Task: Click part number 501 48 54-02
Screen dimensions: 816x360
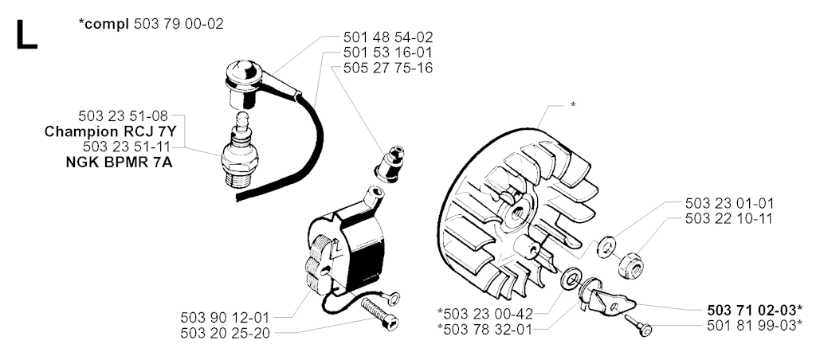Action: (388, 37)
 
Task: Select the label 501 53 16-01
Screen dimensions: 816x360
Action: (388, 53)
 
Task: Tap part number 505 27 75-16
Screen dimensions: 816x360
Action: (388, 68)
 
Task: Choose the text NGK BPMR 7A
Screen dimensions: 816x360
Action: (120, 162)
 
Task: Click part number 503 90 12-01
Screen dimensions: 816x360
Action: (226, 317)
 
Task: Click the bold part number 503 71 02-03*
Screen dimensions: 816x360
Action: (755, 311)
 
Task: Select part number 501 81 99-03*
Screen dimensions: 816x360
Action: (755, 326)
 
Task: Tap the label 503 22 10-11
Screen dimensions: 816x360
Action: (729, 218)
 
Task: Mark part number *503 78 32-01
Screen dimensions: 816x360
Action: (485, 329)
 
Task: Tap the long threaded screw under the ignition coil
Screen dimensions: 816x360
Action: (379, 315)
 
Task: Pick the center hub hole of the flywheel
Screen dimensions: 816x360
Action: (518, 213)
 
